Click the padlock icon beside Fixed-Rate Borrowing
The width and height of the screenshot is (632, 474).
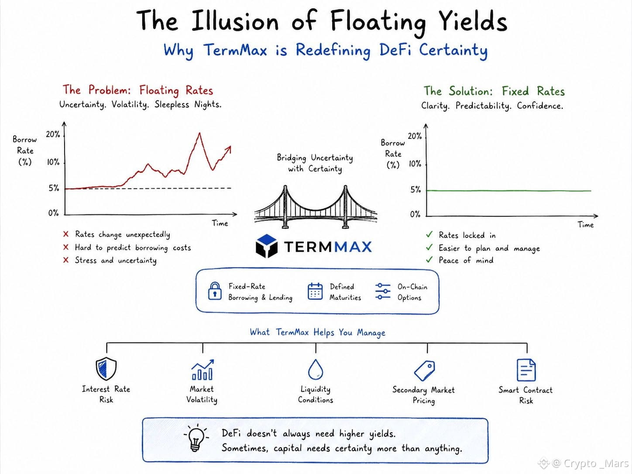coord(215,291)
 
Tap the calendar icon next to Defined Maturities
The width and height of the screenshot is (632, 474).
coord(315,291)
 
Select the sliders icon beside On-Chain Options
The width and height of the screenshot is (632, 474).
coord(383,291)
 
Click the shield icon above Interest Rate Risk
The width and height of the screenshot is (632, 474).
coord(106,369)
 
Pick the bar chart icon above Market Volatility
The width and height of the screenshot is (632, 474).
coord(203,370)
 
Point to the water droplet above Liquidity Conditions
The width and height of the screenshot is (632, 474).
coord(316,370)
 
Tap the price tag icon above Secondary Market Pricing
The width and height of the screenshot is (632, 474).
coord(424,371)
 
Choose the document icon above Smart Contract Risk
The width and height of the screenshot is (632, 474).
coord(526,370)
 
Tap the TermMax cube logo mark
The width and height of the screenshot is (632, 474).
coord(267,246)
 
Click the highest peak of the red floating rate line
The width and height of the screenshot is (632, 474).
coord(199,133)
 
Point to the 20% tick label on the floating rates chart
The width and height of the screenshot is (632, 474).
coord(53,134)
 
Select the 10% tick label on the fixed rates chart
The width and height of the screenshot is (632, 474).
coord(415,164)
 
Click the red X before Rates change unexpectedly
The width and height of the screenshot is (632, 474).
coord(66,234)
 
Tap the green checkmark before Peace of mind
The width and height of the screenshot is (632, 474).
coord(429,260)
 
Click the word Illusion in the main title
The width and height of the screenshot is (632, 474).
coord(235,21)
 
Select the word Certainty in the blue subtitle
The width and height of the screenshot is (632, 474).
coord(453,50)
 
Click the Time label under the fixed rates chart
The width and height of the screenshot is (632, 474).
coord(586,225)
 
